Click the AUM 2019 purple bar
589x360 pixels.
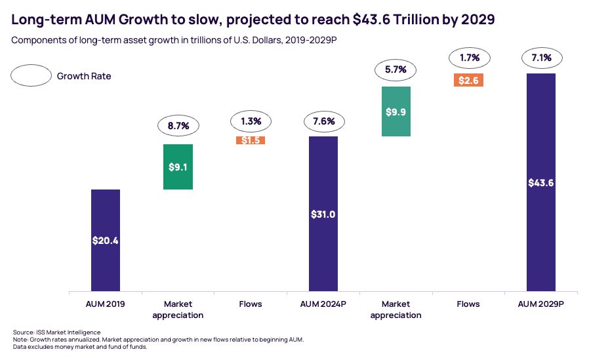coord(105,241)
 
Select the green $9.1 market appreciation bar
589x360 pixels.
coord(178,167)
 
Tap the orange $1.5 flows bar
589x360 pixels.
coord(251,140)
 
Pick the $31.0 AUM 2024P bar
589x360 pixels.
coord(323,214)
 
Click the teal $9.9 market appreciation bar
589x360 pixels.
coord(396,111)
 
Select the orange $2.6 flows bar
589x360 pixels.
coord(468,80)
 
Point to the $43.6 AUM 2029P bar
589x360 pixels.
coord(541,182)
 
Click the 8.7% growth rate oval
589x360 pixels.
coord(178,124)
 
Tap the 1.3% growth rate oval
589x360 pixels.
coord(251,121)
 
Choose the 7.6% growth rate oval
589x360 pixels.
coord(323,121)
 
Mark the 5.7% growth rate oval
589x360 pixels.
coord(396,68)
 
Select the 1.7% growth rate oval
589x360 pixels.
coord(468,58)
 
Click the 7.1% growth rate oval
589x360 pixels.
coord(541,58)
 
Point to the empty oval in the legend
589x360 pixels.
coord(31,75)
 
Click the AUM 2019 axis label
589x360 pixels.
coord(105,304)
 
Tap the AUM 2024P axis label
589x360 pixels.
coord(323,304)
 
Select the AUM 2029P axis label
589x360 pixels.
coord(541,304)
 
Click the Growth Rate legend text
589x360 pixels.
coord(84,76)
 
